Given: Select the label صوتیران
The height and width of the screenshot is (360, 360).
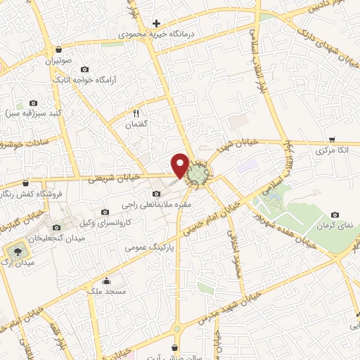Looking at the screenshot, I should coord(59,60).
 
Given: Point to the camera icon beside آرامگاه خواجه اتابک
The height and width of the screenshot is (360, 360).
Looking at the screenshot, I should coord(85,69).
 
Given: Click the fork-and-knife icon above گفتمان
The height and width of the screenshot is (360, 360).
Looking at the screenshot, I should coord(136,112).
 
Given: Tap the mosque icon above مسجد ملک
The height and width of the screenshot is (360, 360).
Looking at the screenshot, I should coord(105,281).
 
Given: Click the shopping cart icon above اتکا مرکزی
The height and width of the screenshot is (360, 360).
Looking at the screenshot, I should coord(332,139).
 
